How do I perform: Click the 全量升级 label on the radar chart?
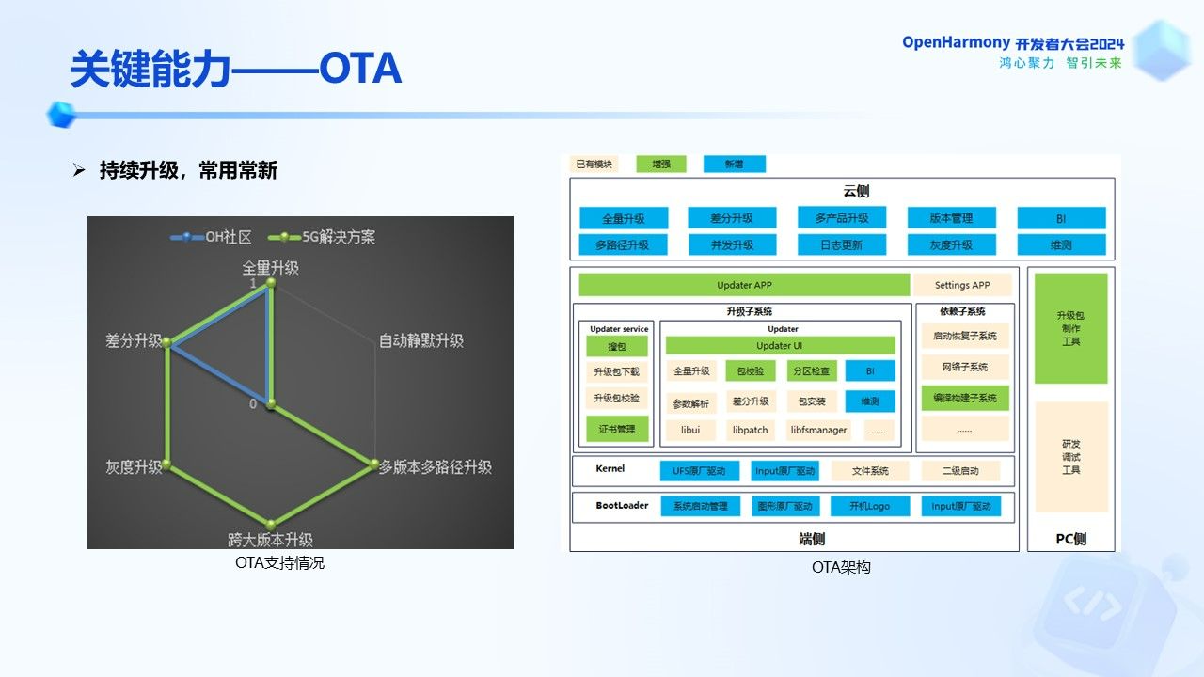(270, 268)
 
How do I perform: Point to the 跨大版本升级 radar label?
(270, 540)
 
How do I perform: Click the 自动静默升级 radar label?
(420, 340)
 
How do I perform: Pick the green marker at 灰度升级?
(167, 464)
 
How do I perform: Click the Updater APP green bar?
(744, 285)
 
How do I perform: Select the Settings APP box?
(962, 285)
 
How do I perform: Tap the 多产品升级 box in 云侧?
(842, 218)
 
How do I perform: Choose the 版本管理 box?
(951, 218)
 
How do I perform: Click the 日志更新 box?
(842, 244)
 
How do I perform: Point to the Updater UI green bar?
(780, 345)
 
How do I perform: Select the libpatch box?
(750, 430)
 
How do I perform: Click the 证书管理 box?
(616, 430)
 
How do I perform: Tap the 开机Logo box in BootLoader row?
(870, 506)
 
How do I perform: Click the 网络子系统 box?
(964, 367)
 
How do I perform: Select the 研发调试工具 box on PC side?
(1070, 456)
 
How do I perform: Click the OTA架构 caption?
(841, 567)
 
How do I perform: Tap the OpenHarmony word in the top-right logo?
(956, 43)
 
